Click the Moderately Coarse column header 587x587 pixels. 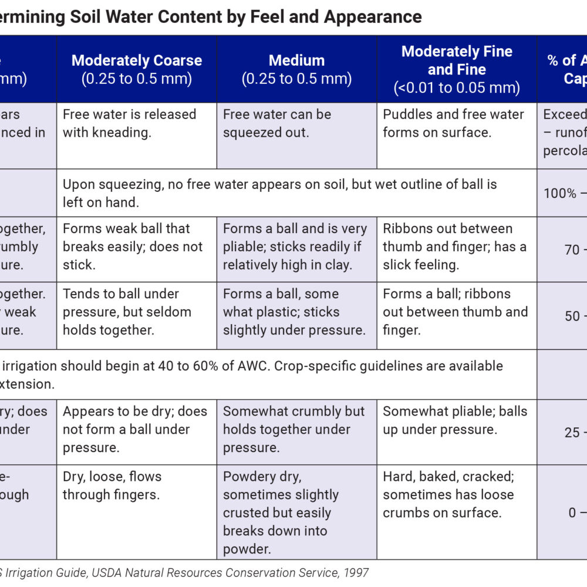pos(137,69)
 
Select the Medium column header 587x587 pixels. pos(296,69)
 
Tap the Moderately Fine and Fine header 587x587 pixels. pos(457,69)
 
